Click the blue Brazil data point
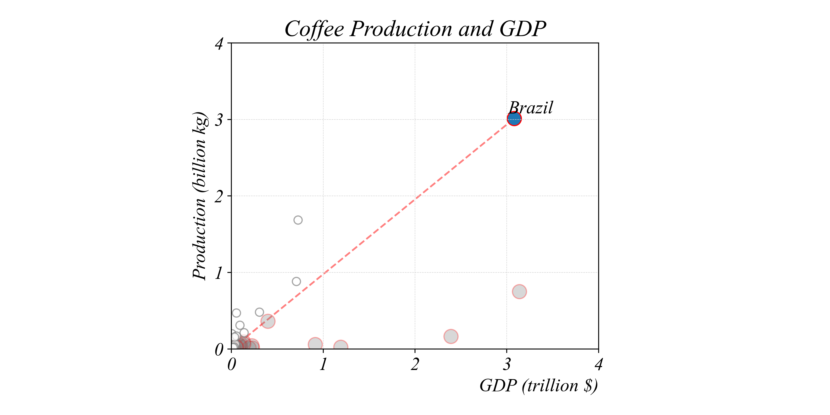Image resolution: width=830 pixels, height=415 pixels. click(x=514, y=119)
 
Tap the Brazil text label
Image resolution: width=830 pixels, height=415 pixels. click(x=531, y=108)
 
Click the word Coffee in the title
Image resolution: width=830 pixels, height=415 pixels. click(x=314, y=29)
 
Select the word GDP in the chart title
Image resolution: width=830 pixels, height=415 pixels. click(x=523, y=29)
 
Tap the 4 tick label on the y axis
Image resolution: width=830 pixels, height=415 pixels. click(x=219, y=44)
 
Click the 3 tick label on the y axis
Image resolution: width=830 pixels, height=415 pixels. click(x=219, y=120)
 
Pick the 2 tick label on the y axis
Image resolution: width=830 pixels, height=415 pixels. click(x=219, y=196)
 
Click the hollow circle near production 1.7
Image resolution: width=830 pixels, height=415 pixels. click(x=298, y=220)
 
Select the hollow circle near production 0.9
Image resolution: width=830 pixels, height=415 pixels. click(x=297, y=281)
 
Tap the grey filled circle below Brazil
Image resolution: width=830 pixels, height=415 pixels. click(x=519, y=292)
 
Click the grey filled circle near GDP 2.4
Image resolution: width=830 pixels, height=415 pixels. click(x=451, y=336)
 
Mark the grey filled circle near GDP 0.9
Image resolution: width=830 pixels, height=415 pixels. click(x=315, y=344)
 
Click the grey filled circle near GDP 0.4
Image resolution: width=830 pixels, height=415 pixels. click(x=268, y=321)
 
